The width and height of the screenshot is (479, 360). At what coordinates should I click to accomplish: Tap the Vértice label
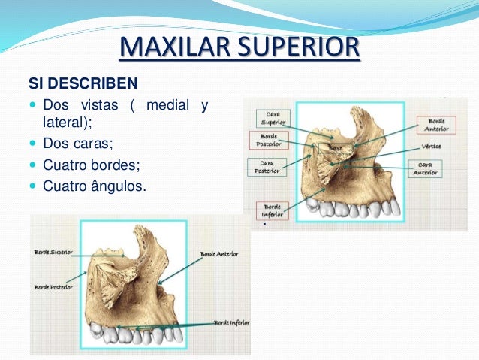pos(430,147)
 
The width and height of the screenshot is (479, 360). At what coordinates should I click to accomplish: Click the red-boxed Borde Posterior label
pos(267,140)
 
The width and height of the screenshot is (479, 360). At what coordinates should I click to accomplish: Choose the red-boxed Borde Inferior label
pos(272,210)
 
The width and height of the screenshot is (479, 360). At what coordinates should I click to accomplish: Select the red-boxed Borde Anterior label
pos(435,124)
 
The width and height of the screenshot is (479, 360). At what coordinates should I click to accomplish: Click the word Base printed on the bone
pos(335,148)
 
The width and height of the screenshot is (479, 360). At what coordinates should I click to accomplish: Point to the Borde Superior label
pos(53,253)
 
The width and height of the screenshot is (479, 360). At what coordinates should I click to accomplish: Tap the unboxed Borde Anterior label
pos(219,254)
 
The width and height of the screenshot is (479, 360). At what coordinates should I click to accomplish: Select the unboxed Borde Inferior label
pos(232,322)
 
